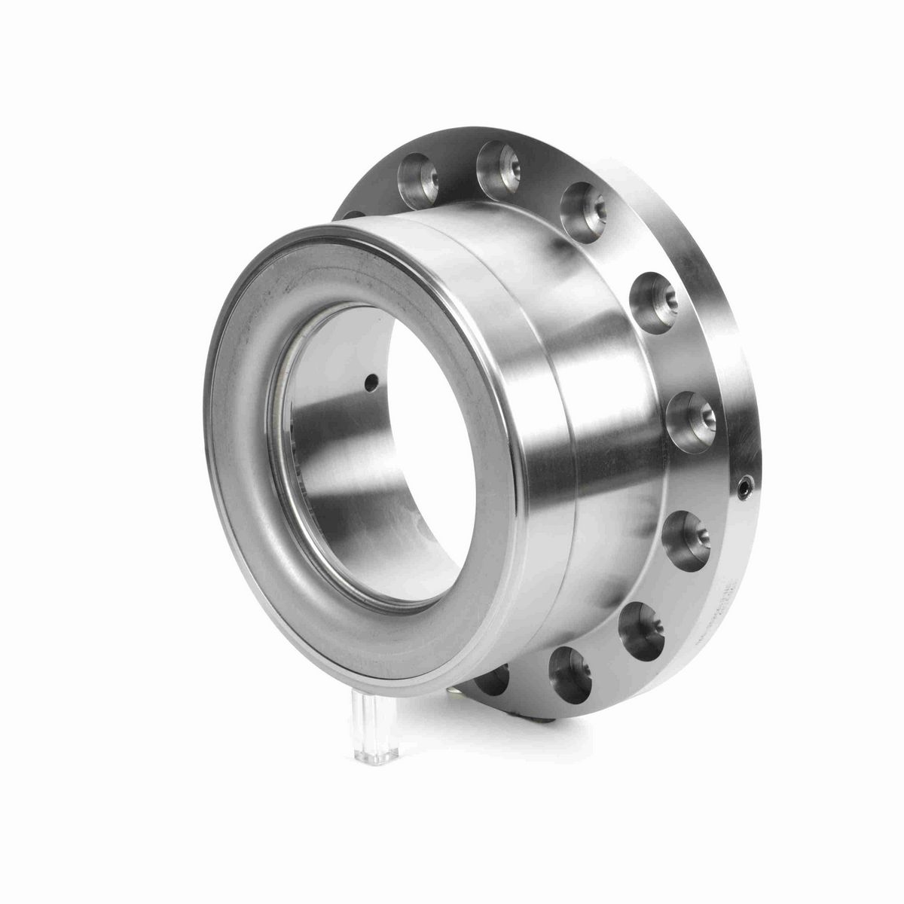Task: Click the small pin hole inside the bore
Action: point(368,383)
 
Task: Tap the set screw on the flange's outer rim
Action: point(745,488)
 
